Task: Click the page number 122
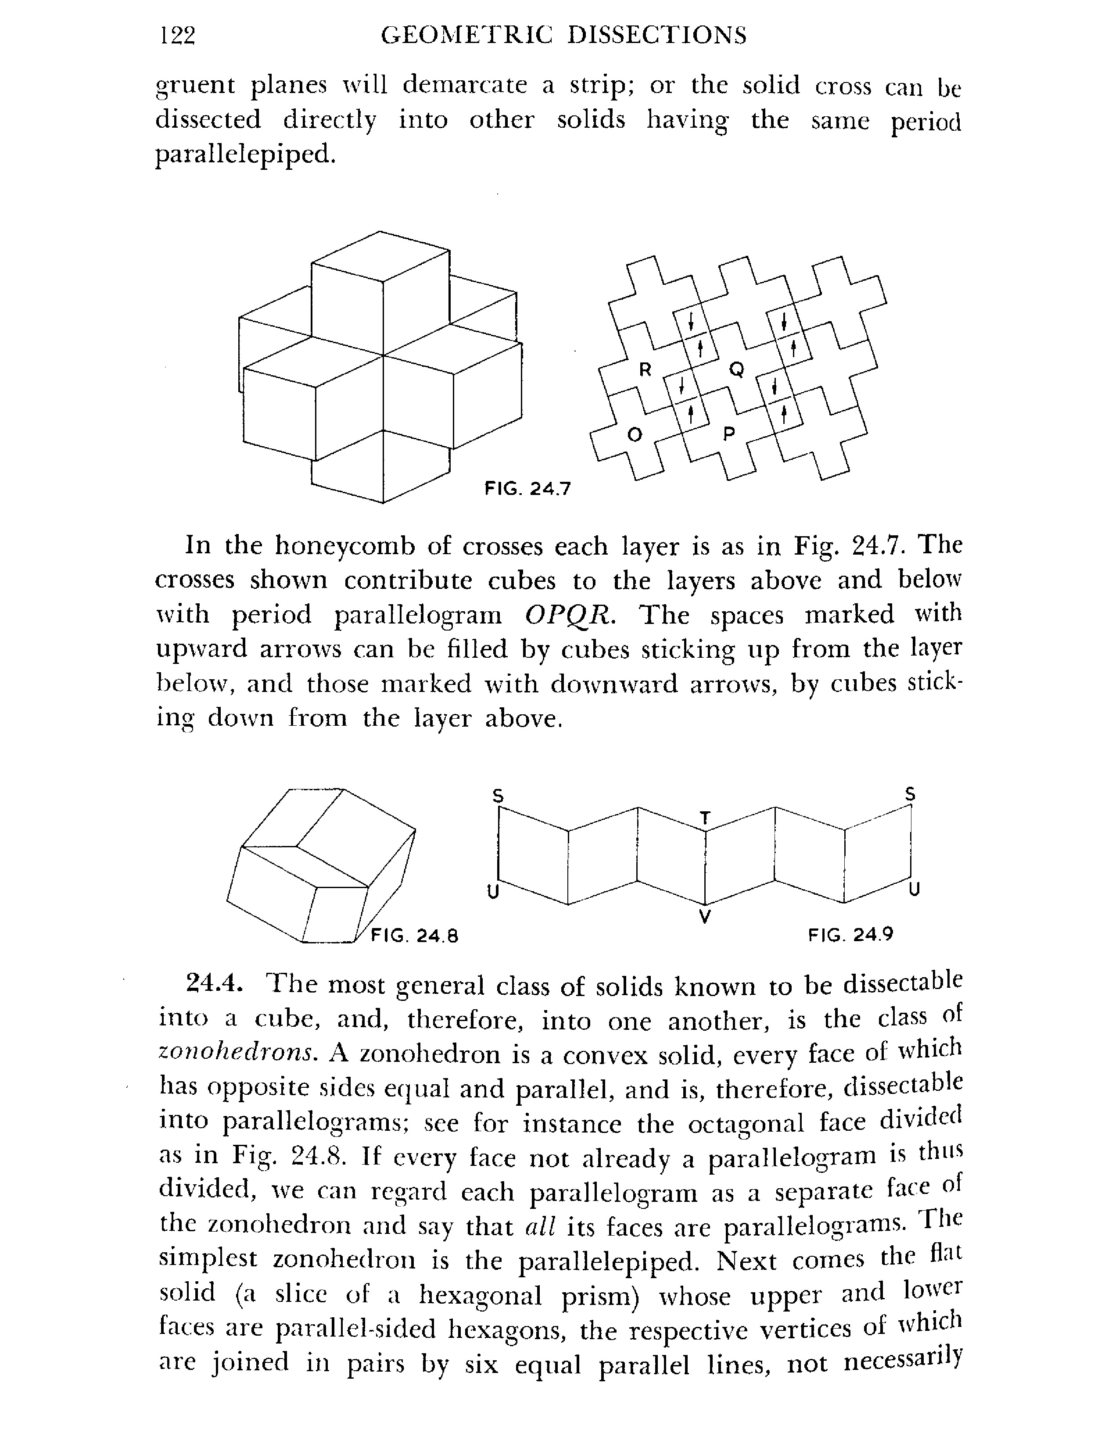pyautogui.click(x=178, y=35)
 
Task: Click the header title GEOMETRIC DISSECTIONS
pyautogui.click(x=563, y=35)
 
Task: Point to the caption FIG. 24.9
pyautogui.click(x=850, y=935)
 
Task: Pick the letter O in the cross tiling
pyautogui.click(x=635, y=435)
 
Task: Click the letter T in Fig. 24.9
pyautogui.click(x=705, y=818)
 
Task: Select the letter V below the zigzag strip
pyautogui.click(x=705, y=917)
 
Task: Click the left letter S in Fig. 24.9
pyautogui.click(x=498, y=796)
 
